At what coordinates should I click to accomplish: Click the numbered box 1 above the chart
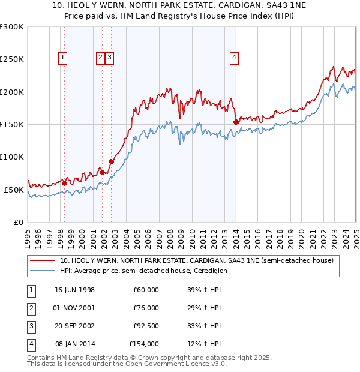[63, 58]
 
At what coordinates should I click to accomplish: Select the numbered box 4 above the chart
[234, 58]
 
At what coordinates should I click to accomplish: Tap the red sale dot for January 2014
[236, 122]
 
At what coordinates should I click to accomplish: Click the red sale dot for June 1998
[65, 183]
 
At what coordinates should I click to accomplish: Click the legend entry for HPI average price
[143, 271]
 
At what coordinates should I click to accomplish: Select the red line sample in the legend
[42, 260]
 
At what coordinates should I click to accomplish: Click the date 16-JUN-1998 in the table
[74, 290]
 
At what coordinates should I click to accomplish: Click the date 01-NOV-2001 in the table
[74, 308]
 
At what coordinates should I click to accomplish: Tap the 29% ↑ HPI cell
[204, 308]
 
